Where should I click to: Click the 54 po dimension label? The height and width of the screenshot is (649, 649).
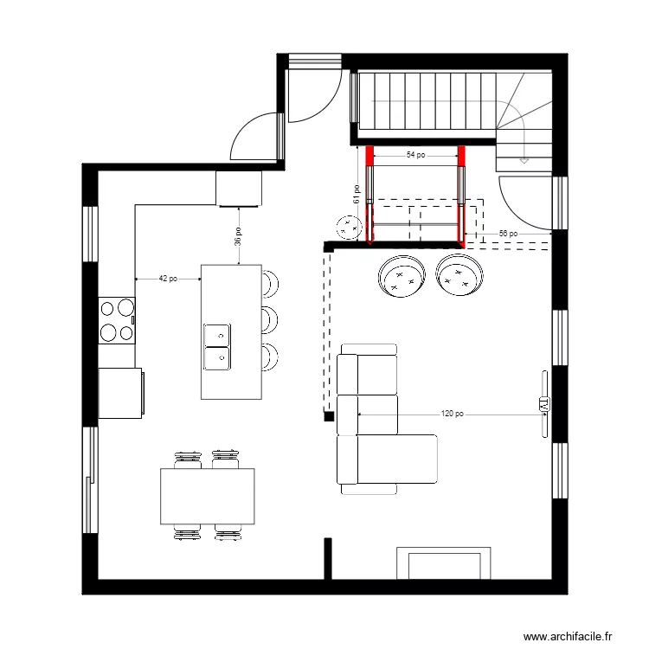pos(415,156)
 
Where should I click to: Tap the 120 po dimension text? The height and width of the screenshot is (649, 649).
pos(452,414)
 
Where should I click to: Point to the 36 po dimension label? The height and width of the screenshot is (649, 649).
pos(238,236)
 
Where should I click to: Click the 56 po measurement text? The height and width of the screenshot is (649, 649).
pos(508,234)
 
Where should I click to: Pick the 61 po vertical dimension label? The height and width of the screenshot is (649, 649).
pos(356,194)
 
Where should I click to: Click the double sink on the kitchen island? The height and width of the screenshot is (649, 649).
pos(216,344)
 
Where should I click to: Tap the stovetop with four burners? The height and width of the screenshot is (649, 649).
pos(117,319)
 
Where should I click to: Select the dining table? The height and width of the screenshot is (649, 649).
pos(208,496)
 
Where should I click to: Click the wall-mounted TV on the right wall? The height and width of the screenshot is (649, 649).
pos(544,404)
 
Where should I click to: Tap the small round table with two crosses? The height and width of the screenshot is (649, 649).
pos(349,228)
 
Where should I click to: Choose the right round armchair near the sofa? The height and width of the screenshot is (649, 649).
pos(459,274)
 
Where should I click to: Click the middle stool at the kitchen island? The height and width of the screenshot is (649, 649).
pos(270,318)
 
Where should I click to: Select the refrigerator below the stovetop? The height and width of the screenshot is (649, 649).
pos(120,393)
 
